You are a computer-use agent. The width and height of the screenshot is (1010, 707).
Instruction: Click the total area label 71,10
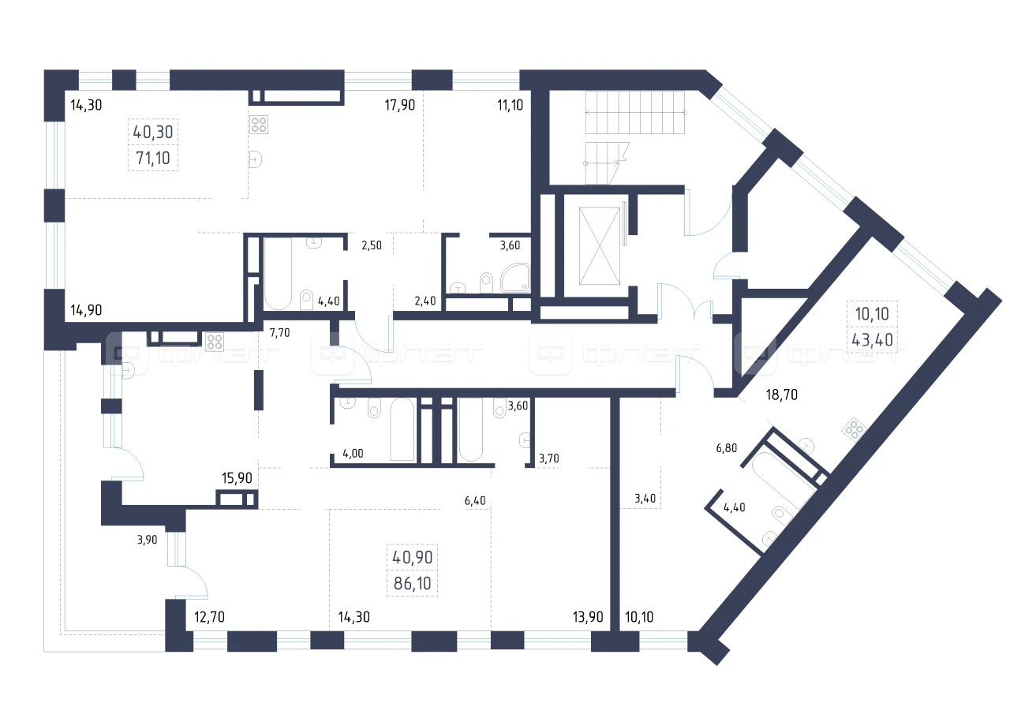coord(153,159)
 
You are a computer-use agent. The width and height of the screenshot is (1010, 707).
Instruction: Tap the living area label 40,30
coord(153,132)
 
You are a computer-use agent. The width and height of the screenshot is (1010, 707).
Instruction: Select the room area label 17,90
coord(399,105)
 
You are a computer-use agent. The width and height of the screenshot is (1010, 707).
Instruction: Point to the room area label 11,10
coord(510,105)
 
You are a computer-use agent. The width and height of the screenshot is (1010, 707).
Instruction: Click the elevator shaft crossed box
coord(600,246)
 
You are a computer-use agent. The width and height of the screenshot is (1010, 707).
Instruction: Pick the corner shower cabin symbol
coord(515,278)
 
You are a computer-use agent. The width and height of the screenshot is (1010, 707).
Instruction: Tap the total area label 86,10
coord(412,583)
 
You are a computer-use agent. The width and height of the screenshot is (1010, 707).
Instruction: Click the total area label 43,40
coord(872,340)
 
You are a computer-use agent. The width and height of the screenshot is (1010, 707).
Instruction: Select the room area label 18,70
coord(781,395)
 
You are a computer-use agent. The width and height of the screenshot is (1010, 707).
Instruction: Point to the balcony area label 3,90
coord(147,540)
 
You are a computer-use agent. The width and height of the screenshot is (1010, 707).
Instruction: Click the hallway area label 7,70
coord(279,333)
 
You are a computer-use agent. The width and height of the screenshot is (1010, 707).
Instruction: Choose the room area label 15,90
coord(237,478)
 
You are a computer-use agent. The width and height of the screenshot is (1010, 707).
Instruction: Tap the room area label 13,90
coord(588,617)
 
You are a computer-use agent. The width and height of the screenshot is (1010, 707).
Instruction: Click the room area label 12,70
coord(209,617)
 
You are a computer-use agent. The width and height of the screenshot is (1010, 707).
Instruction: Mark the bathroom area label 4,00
coord(353,454)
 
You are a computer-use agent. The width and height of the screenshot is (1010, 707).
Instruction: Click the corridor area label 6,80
coord(727,448)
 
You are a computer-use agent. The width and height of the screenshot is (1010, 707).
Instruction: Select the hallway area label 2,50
coord(372,245)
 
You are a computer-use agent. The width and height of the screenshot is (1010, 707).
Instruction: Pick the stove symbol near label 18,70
coord(854,429)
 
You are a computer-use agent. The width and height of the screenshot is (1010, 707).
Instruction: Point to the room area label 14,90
coord(86,310)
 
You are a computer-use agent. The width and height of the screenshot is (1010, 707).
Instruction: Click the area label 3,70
coord(548,458)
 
